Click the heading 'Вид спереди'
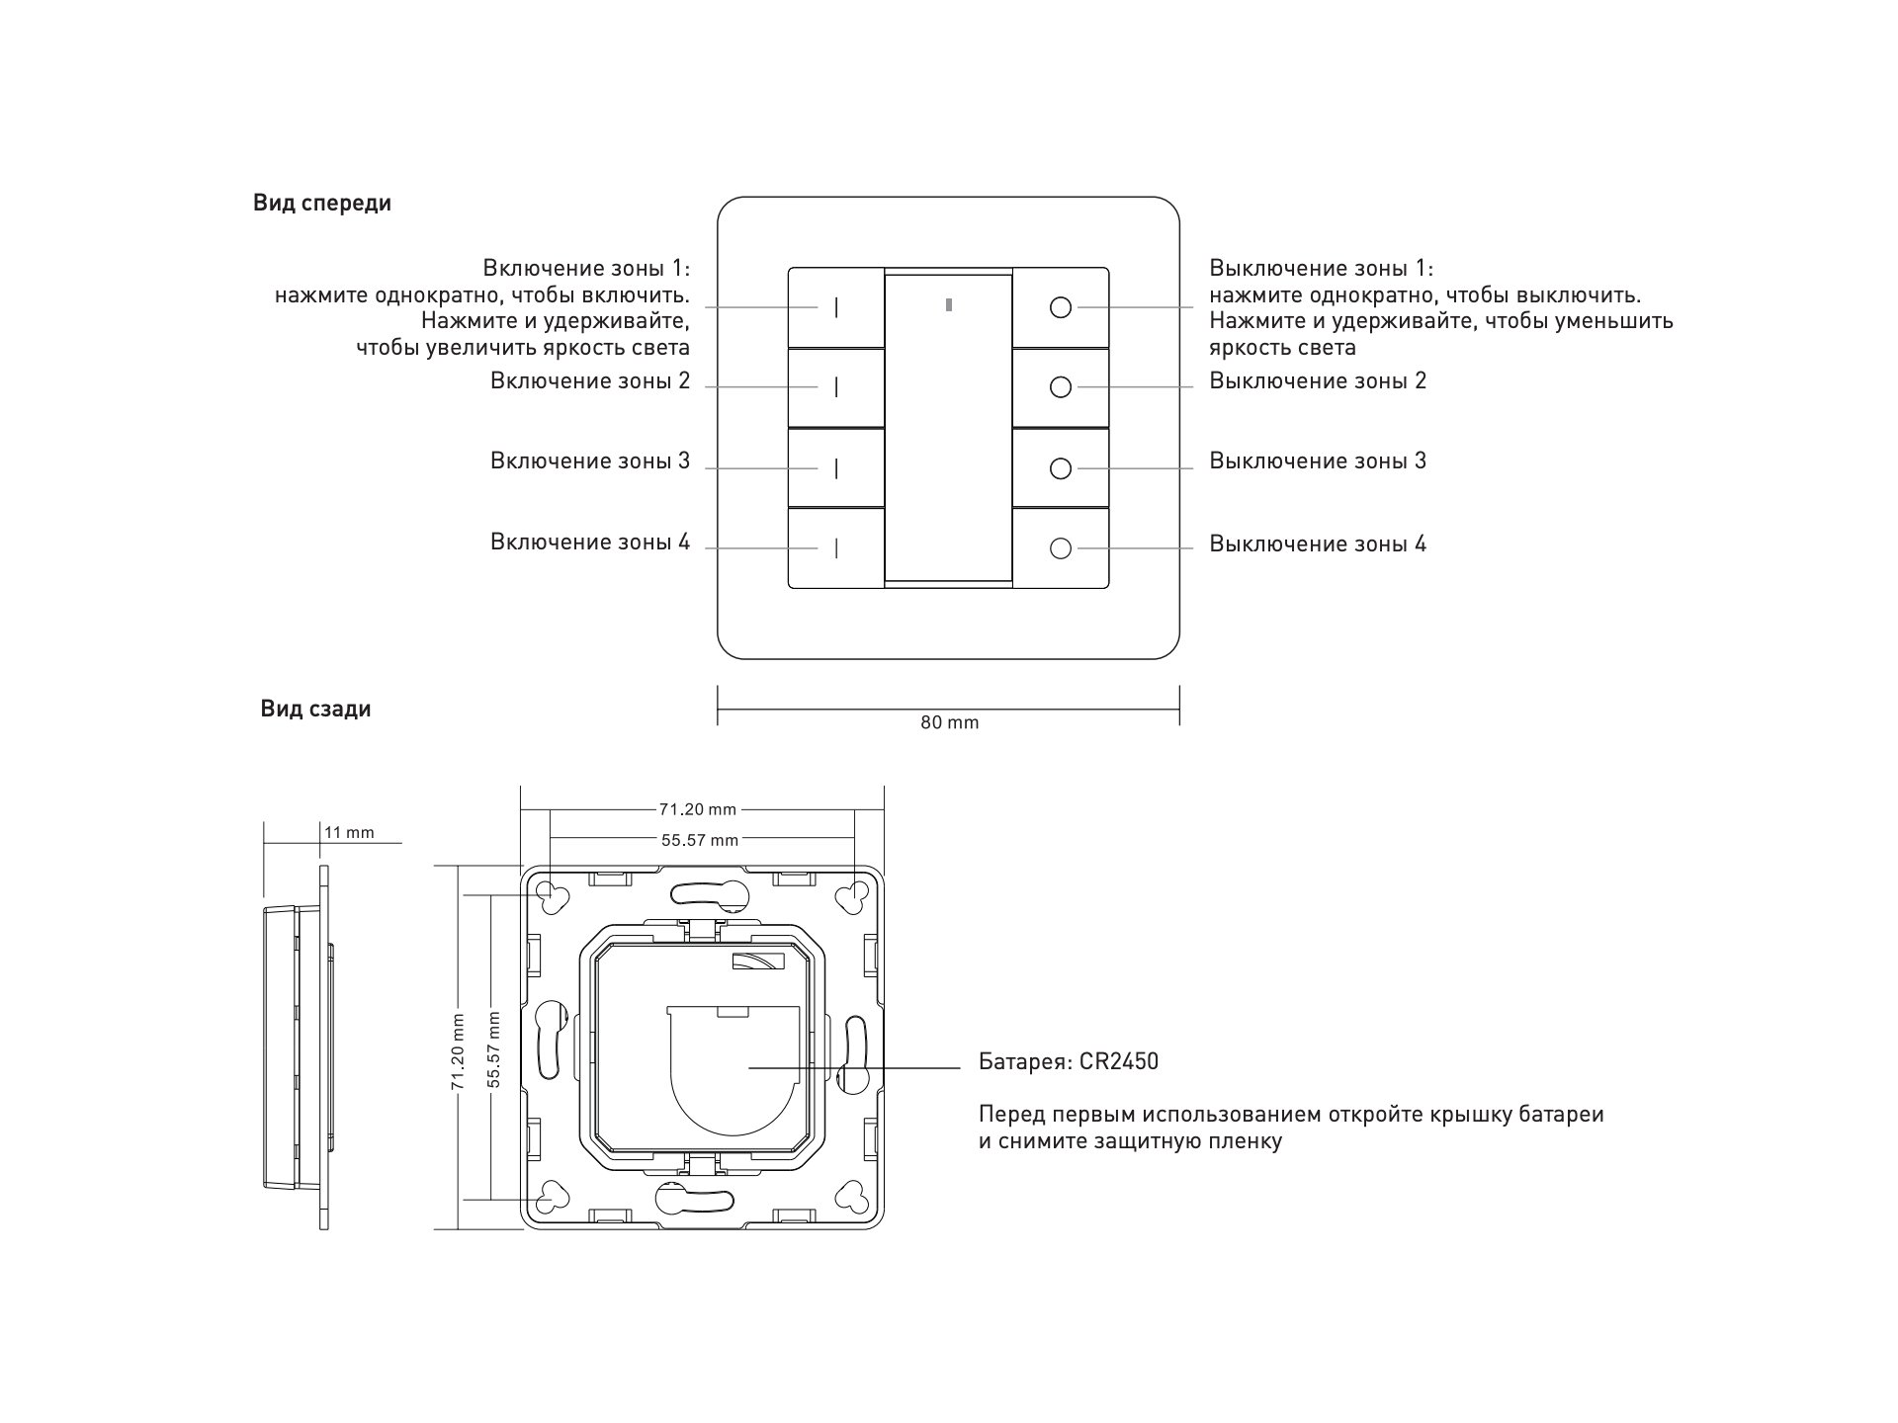click(x=322, y=204)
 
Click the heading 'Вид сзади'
click(x=315, y=710)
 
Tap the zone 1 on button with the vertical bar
click(x=835, y=307)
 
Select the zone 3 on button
click(x=835, y=467)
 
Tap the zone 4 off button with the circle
click(x=1060, y=548)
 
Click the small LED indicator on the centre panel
click(x=949, y=304)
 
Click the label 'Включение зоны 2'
click(x=590, y=381)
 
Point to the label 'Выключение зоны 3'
click(x=1318, y=461)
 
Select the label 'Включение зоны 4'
click(x=590, y=543)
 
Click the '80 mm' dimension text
click(x=949, y=723)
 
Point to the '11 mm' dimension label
click(x=350, y=833)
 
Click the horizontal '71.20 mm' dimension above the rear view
click(x=698, y=809)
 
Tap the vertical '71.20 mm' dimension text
click(x=458, y=1050)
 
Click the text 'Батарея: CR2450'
click(x=1069, y=1062)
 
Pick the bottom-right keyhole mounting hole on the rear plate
click(x=852, y=1197)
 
